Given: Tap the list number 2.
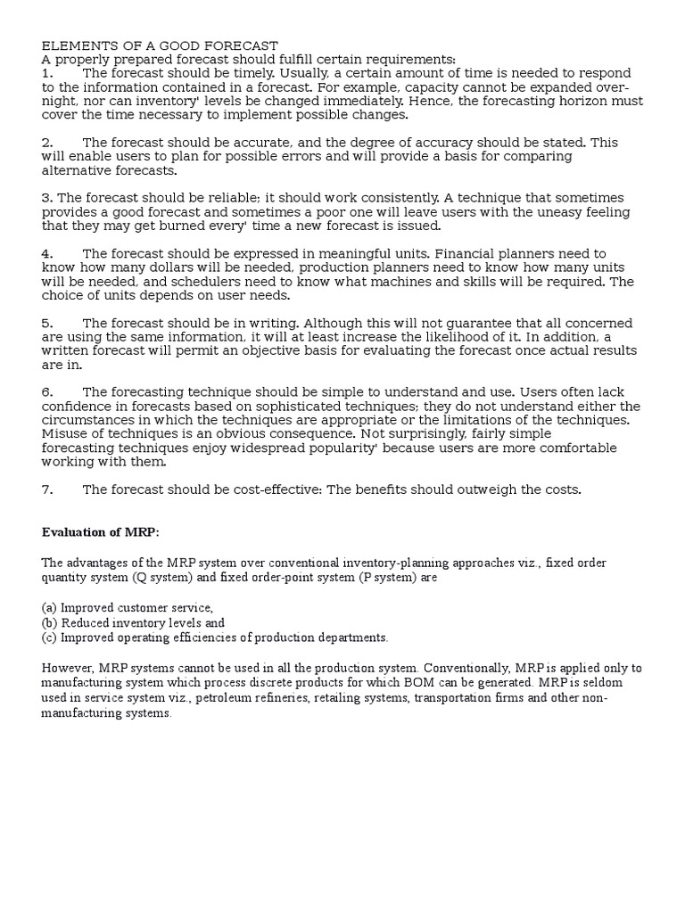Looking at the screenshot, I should (47, 143).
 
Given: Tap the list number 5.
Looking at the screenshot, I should (47, 323).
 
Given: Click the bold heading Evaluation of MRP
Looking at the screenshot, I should (101, 532).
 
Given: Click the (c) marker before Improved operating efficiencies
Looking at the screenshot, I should (48, 637).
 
